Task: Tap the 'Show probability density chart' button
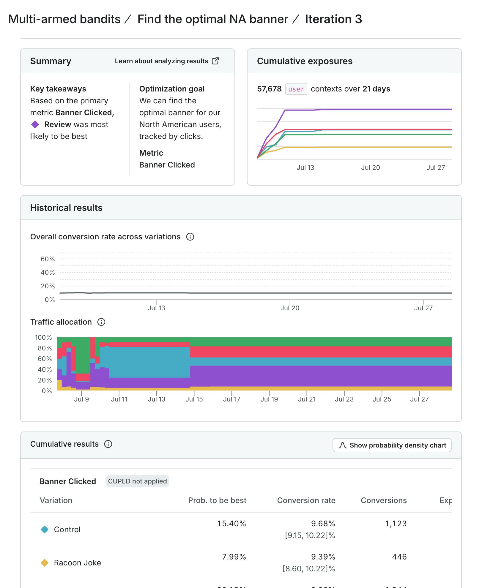coord(392,445)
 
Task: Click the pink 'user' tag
coord(296,89)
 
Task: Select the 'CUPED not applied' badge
coord(137,481)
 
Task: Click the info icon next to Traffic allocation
coord(101,322)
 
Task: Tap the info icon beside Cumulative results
coord(108,444)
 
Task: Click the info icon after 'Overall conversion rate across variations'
coord(190,237)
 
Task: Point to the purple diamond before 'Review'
coord(35,124)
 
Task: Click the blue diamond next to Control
coord(45,529)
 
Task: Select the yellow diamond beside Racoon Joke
coord(45,563)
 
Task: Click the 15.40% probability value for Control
coord(231,524)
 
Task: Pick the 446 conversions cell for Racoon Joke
coord(399,557)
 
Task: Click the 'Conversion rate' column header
coord(306,500)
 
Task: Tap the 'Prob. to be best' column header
coord(217,500)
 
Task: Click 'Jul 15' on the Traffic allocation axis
coord(194,399)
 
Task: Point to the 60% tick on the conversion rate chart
coord(48,259)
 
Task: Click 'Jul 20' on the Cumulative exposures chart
coord(370,167)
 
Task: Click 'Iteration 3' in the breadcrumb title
coord(333,19)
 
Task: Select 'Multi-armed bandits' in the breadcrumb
coord(64,19)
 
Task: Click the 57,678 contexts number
coord(269,89)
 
